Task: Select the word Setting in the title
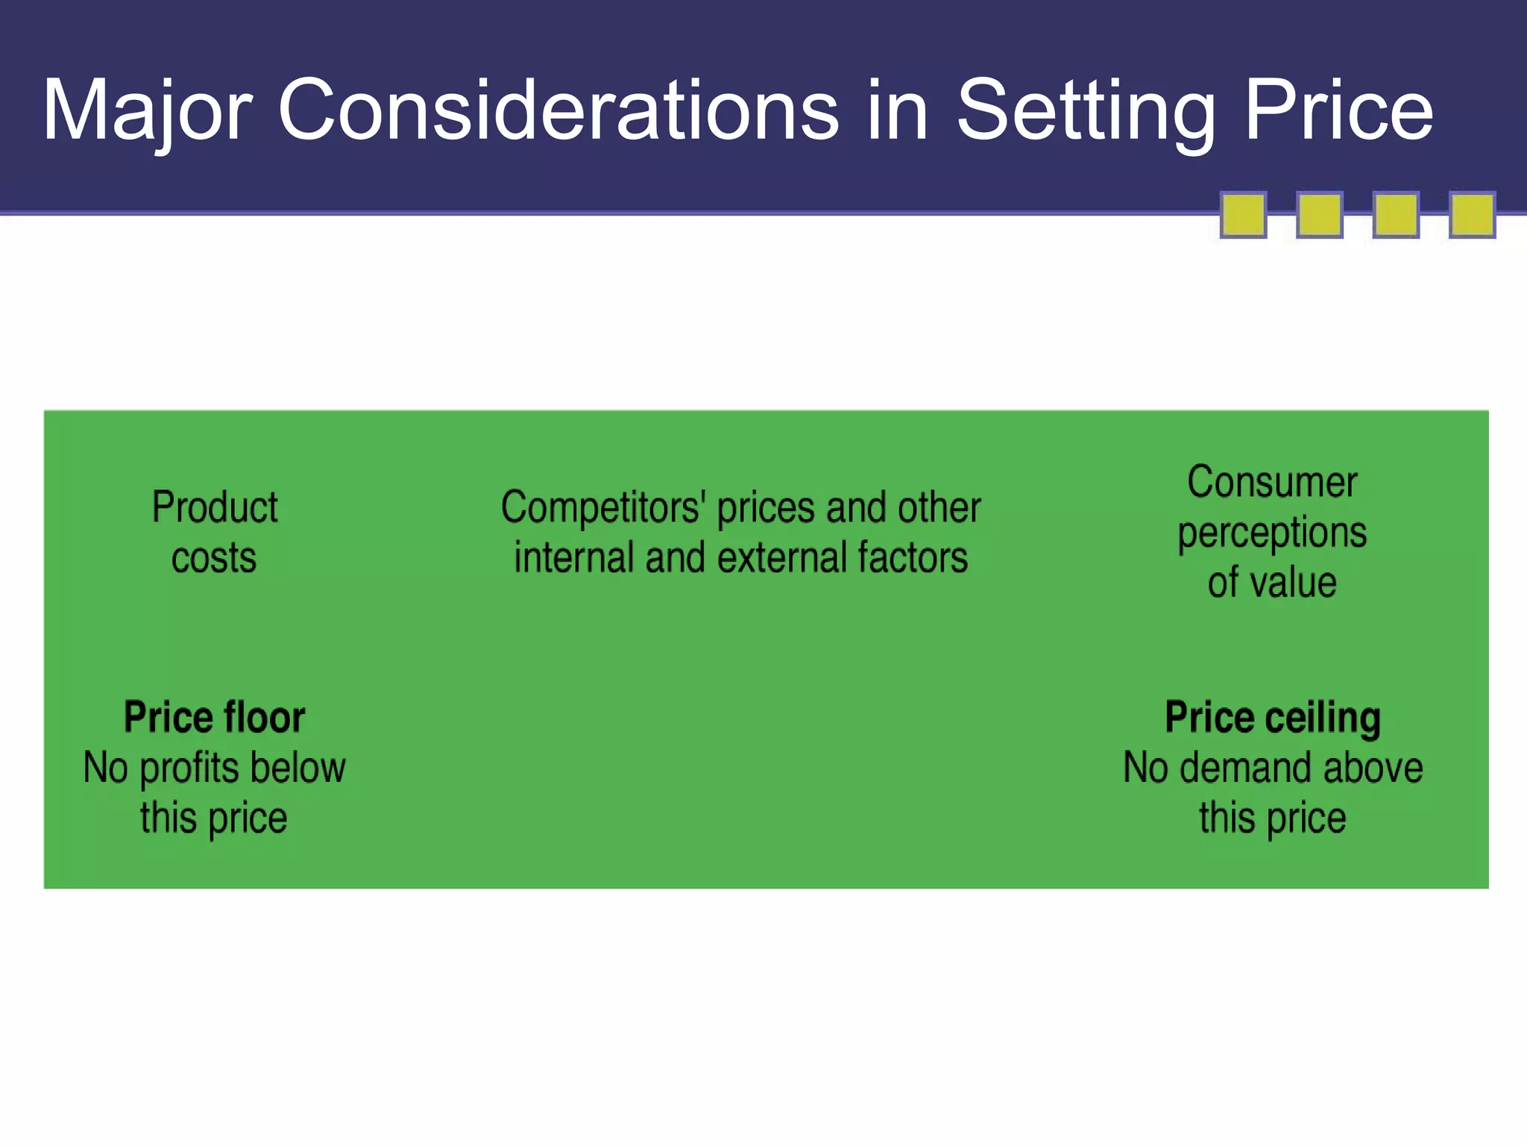point(1086,110)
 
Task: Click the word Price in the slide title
point(1338,110)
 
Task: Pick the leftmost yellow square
point(1243,215)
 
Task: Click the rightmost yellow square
point(1472,215)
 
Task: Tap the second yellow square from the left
point(1320,215)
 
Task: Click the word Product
point(215,508)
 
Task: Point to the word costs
point(214,558)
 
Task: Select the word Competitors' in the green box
point(603,508)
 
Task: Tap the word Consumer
point(1272,482)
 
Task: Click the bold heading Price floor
point(215,718)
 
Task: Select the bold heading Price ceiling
point(1273,718)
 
